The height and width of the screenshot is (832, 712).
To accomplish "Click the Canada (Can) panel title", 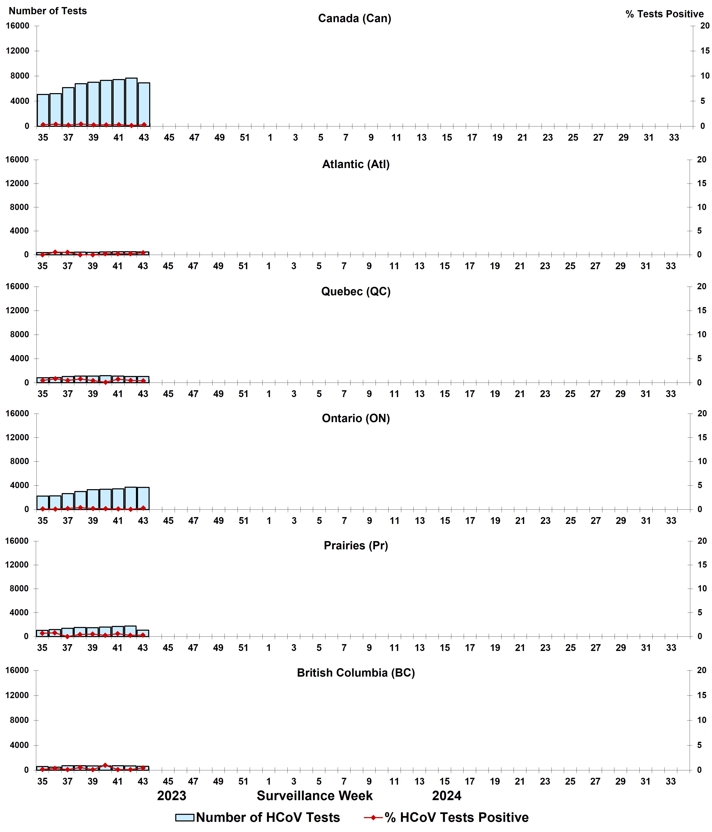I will (x=354, y=18).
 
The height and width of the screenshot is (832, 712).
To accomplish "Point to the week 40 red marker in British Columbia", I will (x=105, y=765).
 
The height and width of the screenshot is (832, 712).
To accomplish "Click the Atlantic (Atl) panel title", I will (x=356, y=164).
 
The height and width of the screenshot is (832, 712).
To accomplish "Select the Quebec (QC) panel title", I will (x=356, y=292).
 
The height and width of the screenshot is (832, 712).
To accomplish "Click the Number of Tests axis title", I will (x=48, y=11).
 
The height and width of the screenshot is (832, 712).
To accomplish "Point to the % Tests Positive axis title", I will (x=664, y=14).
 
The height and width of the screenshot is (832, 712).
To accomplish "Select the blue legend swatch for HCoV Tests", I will (x=185, y=818).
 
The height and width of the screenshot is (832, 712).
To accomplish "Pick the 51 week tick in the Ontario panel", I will (x=244, y=521).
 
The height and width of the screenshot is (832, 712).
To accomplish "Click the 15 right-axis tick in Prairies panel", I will (x=702, y=565).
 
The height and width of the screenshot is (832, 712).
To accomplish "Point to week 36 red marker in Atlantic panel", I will (x=55, y=252).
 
